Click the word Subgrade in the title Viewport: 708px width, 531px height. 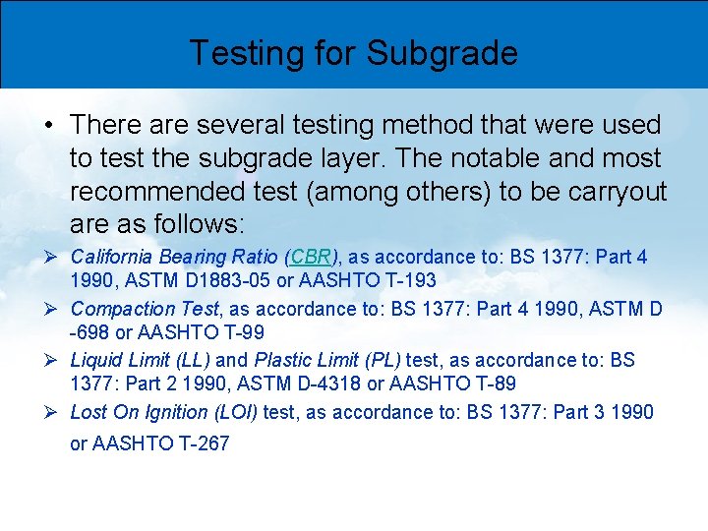pos(442,53)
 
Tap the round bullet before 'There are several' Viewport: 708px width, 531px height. pos(48,125)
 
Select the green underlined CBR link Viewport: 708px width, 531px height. pos(310,258)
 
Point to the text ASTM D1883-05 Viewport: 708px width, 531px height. pos(182,281)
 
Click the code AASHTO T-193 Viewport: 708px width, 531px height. pos(382,281)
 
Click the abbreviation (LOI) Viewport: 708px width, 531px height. pos(235,412)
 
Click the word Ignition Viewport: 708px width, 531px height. pos(176,412)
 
